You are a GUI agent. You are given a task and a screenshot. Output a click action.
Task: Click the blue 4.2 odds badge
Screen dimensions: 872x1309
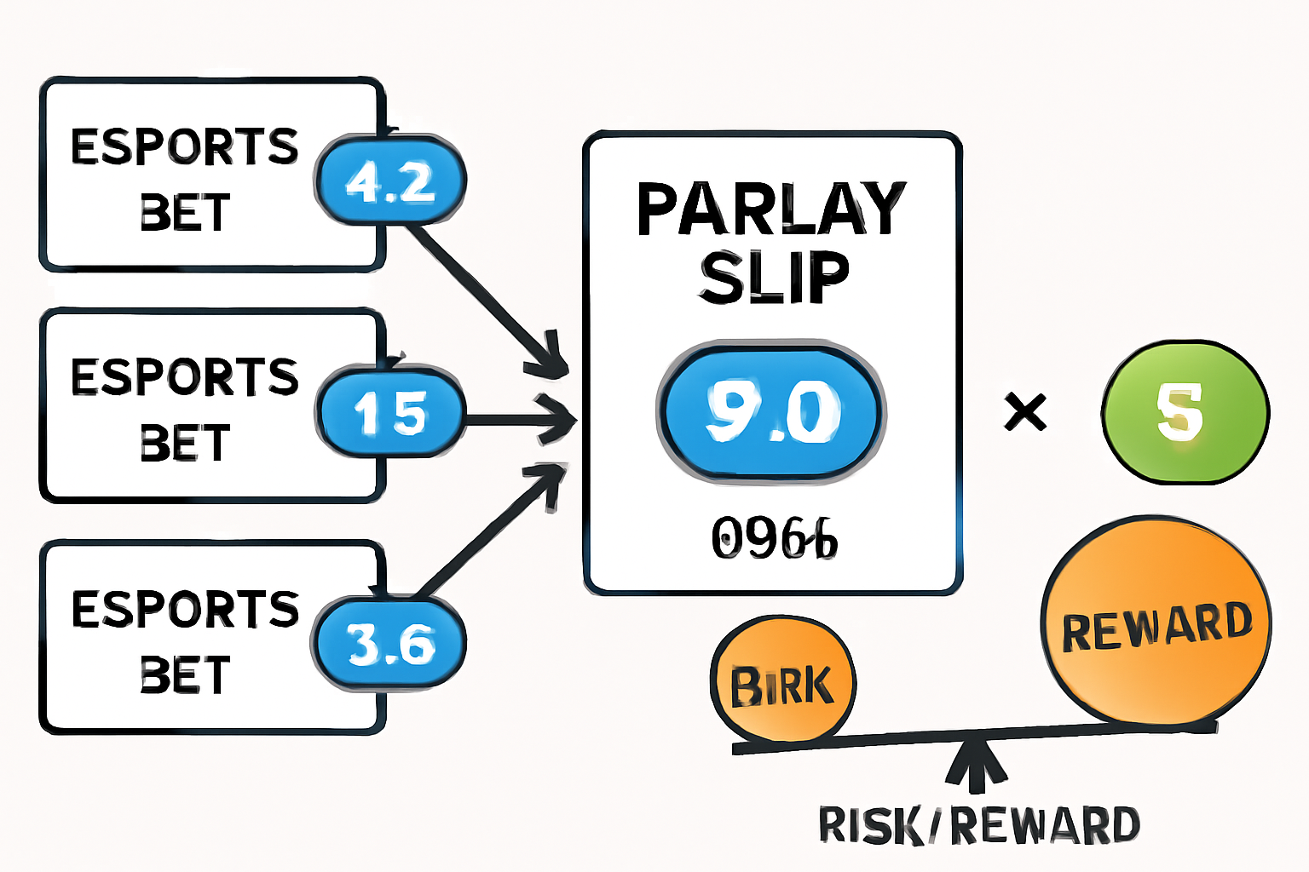click(x=390, y=181)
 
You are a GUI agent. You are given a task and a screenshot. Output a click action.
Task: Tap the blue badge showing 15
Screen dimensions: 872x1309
click(x=390, y=414)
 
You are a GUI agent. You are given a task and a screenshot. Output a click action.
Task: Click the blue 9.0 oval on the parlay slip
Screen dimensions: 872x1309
click(x=772, y=413)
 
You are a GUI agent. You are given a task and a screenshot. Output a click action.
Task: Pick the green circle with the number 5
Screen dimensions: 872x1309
click(x=1185, y=412)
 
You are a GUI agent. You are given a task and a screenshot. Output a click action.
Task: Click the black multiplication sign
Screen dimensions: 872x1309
click(x=1025, y=413)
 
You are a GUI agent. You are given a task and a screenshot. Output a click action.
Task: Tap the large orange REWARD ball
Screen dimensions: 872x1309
click(x=1156, y=622)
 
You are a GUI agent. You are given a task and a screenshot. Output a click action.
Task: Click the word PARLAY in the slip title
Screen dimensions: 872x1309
click(x=771, y=209)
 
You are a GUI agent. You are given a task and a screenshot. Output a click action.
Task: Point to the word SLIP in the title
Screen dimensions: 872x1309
click(x=774, y=278)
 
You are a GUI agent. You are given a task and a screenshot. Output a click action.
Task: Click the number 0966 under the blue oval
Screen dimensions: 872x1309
click(x=774, y=538)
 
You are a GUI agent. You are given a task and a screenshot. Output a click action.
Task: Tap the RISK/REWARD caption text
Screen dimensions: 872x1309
click(x=978, y=824)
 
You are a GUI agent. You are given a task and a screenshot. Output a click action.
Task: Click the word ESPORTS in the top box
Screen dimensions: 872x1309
click(x=185, y=146)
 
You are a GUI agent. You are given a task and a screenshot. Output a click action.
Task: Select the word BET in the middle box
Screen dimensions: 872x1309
click(x=185, y=443)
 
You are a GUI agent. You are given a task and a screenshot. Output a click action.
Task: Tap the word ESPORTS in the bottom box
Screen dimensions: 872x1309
click(x=185, y=609)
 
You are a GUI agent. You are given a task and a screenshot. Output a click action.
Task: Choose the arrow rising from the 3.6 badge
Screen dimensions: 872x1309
click(x=490, y=532)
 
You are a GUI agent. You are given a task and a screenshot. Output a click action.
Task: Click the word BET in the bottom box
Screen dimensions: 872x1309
click(x=185, y=674)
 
